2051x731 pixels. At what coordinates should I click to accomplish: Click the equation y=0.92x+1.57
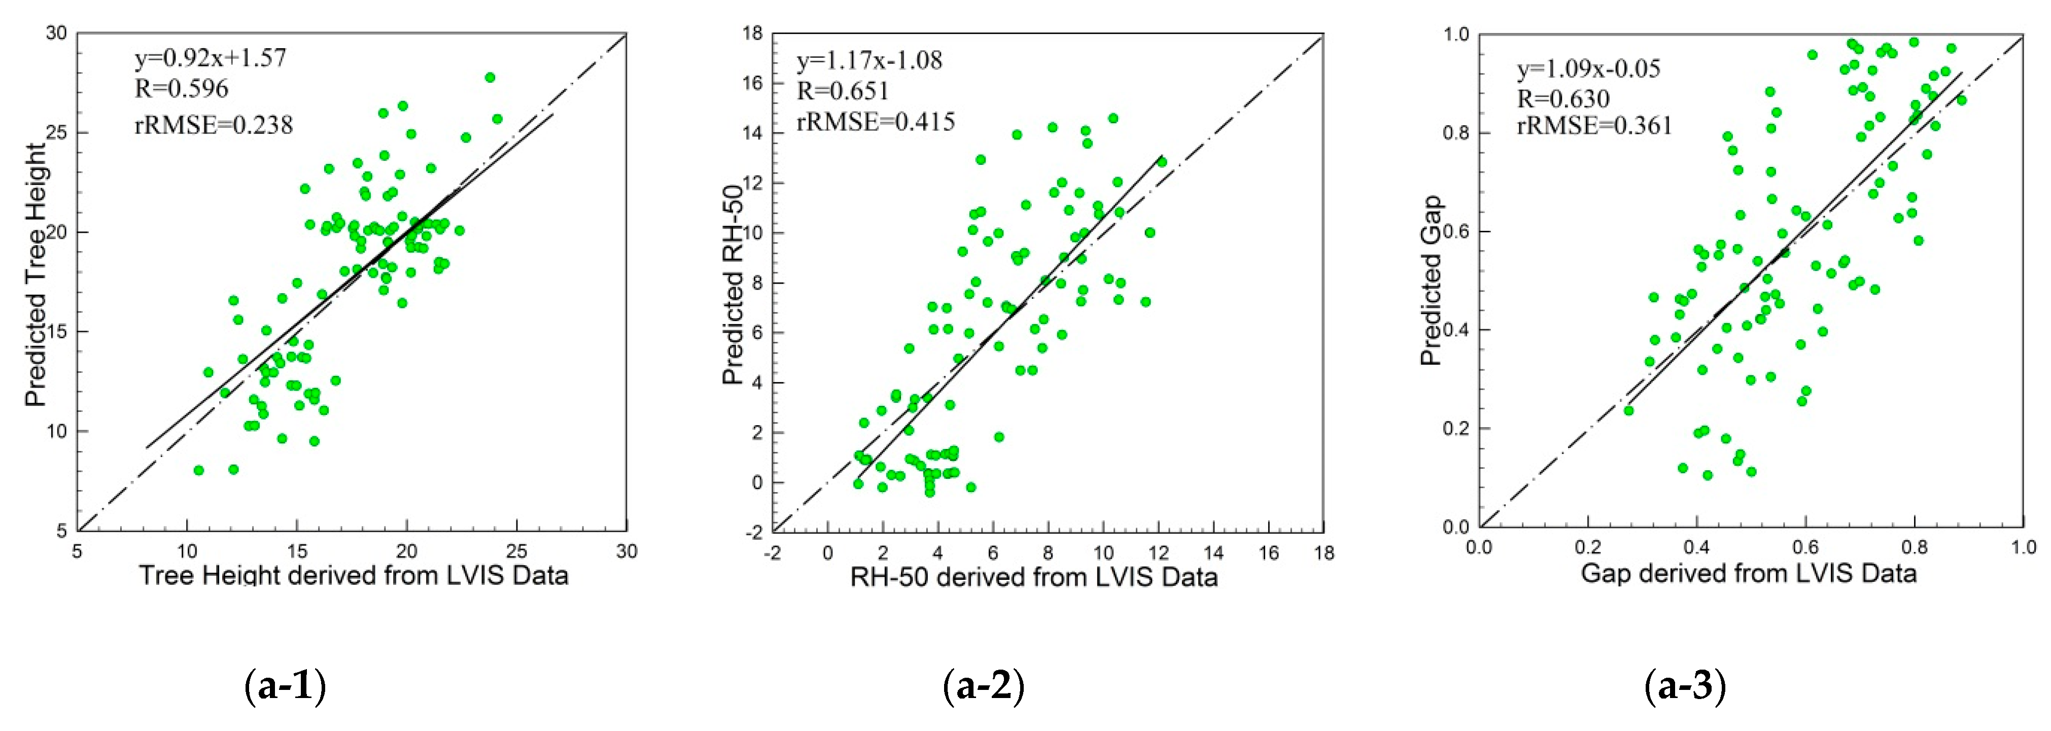pyautogui.click(x=210, y=58)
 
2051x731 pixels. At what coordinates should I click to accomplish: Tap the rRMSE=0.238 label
pyautogui.click(x=214, y=125)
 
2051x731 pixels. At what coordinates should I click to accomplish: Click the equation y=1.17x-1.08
pyautogui.click(x=870, y=60)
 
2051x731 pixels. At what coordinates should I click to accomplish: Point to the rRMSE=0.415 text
pyautogui.click(x=876, y=122)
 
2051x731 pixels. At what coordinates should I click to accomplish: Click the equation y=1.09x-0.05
pyautogui.click(x=1588, y=69)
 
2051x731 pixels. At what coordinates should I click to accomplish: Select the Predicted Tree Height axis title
pyautogui.click(x=37, y=275)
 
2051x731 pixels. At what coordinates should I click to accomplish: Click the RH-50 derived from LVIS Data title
pyautogui.click(x=1033, y=576)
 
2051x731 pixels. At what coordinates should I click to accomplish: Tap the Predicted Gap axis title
pyautogui.click(x=1431, y=281)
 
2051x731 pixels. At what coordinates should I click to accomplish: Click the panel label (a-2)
pyautogui.click(x=983, y=686)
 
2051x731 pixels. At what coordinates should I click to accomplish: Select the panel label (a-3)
pyautogui.click(x=1685, y=686)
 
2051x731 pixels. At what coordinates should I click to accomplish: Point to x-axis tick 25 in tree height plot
pyautogui.click(x=517, y=551)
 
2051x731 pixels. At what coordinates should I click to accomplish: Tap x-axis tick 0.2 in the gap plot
pyautogui.click(x=1588, y=548)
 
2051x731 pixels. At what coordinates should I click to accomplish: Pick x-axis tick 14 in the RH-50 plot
pyautogui.click(x=1213, y=552)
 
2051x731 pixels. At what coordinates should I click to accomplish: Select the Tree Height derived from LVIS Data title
pyautogui.click(x=354, y=575)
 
